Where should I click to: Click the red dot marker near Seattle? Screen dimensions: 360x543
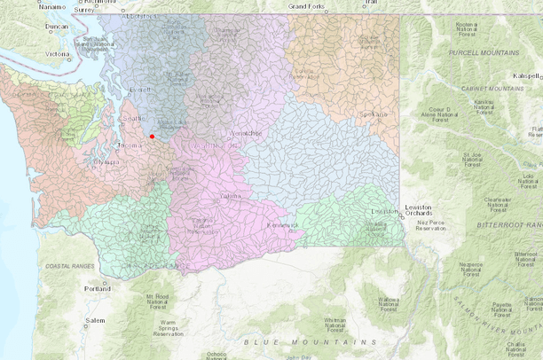[153, 137]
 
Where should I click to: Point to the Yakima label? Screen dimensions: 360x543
[230, 195]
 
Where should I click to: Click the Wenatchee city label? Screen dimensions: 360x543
[246, 133]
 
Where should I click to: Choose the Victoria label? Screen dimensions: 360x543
[58, 54]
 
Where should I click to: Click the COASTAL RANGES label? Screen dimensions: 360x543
[63, 264]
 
